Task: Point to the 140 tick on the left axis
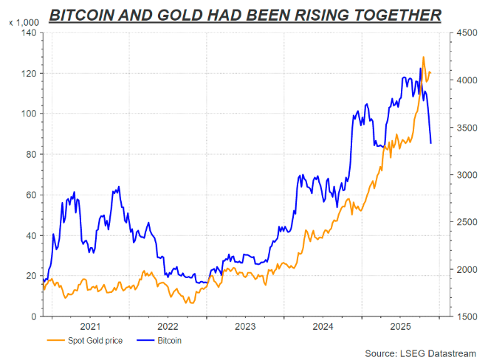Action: click(x=30, y=33)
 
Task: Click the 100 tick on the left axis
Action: click(x=30, y=114)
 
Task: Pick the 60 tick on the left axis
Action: click(x=32, y=195)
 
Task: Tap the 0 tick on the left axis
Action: click(x=34, y=316)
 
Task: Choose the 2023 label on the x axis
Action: click(x=245, y=325)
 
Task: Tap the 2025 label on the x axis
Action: click(x=400, y=325)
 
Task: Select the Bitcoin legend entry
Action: click(x=167, y=341)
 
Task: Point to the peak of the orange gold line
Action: click(x=423, y=57)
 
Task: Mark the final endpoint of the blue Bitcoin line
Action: click(x=431, y=143)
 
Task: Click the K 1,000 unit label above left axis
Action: click(x=23, y=24)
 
